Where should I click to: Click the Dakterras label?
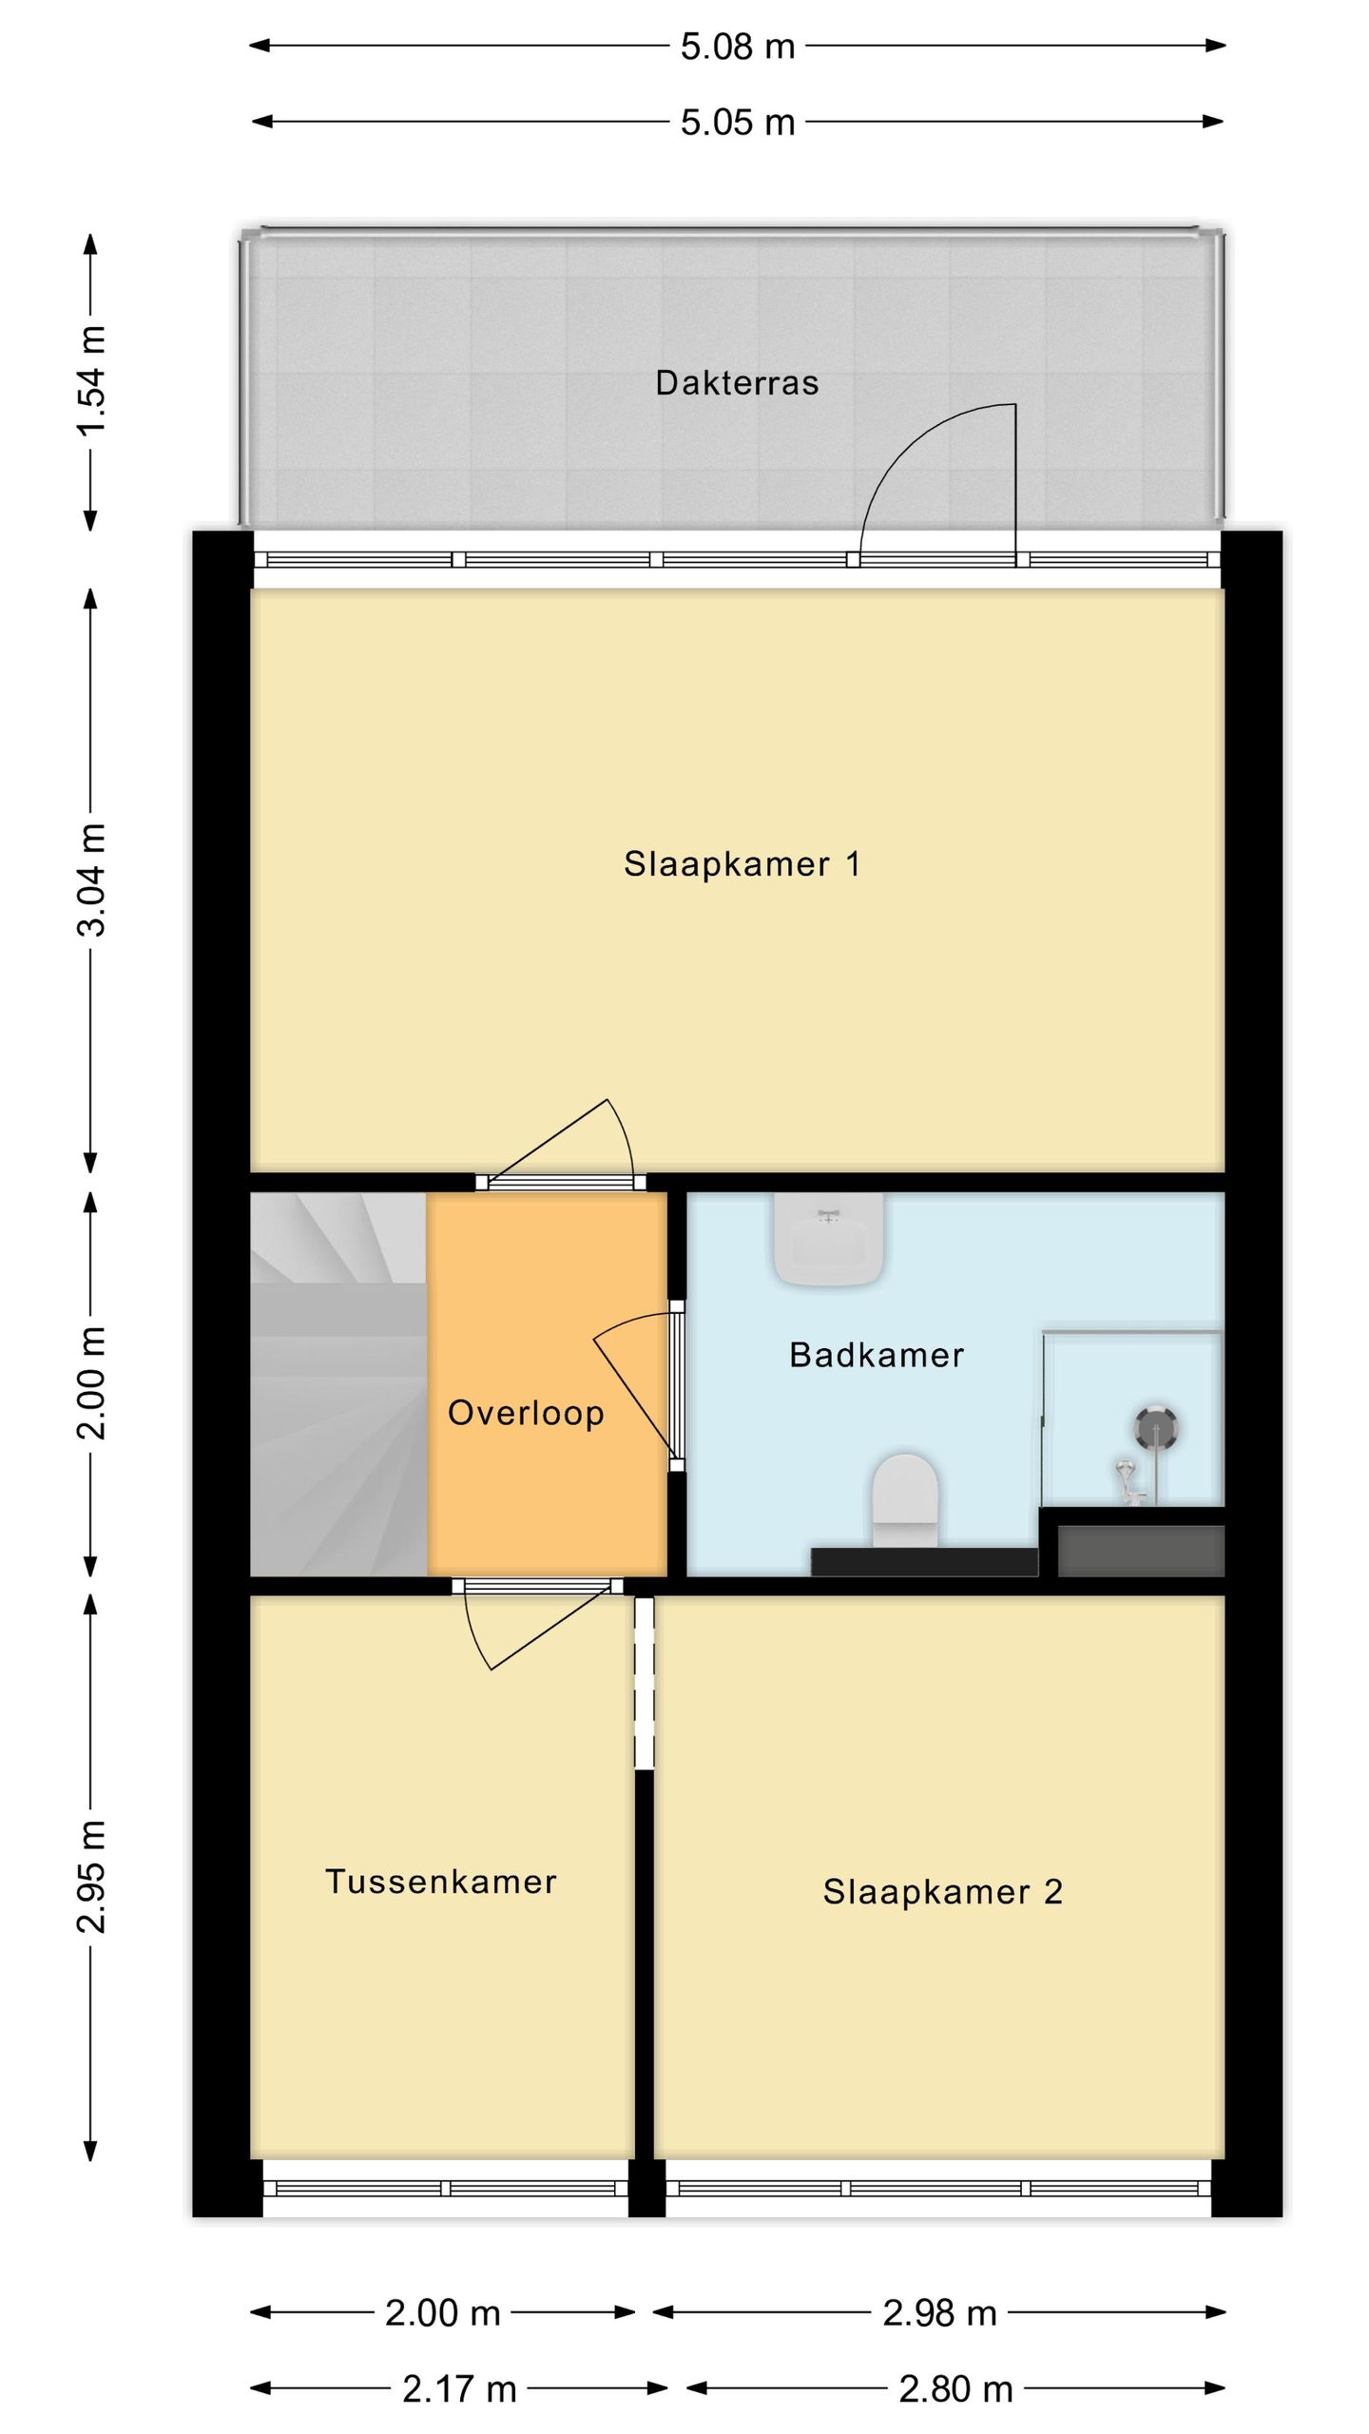[x=737, y=383]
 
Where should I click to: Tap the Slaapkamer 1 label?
[x=742, y=864]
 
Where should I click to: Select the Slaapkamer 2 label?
[x=942, y=1892]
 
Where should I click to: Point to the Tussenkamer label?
[x=441, y=1882]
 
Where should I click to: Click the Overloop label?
[x=526, y=1413]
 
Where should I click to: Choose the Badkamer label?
[x=877, y=1355]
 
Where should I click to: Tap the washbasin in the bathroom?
[x=830, y=1239]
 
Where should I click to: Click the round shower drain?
[x=1156, y=1427]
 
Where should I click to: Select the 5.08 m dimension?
[x=738, y=46]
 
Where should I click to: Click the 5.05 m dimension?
[x=738, y=123]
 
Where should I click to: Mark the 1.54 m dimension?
[x=92, y=380]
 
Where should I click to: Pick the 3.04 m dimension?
[x=92, y=879]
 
